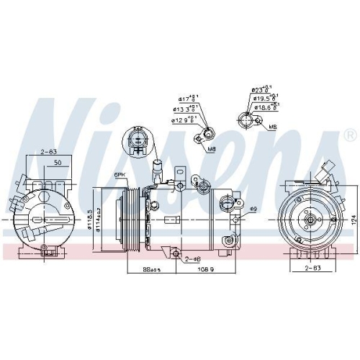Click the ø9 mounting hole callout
(x=253, y=209)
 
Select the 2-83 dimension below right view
(x=312, y=268)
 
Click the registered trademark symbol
(x=350, y=135)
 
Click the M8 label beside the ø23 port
(x=272, y=127)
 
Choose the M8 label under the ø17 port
(x=212, y=149)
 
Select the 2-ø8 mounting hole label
(x=192, y=258)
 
